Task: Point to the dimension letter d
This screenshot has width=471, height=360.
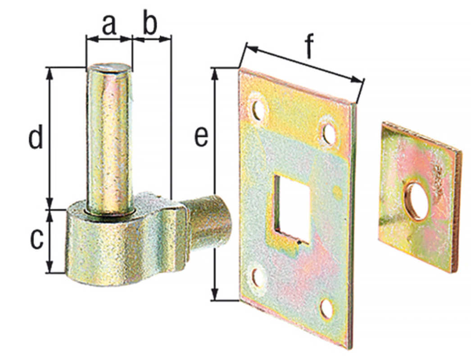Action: (x=36, y=137)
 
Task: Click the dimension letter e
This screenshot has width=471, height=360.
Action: (x=201, y=137)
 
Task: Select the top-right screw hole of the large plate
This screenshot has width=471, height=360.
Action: (x=329, y=134)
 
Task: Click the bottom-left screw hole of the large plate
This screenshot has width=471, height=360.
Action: (x=258, y=278)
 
